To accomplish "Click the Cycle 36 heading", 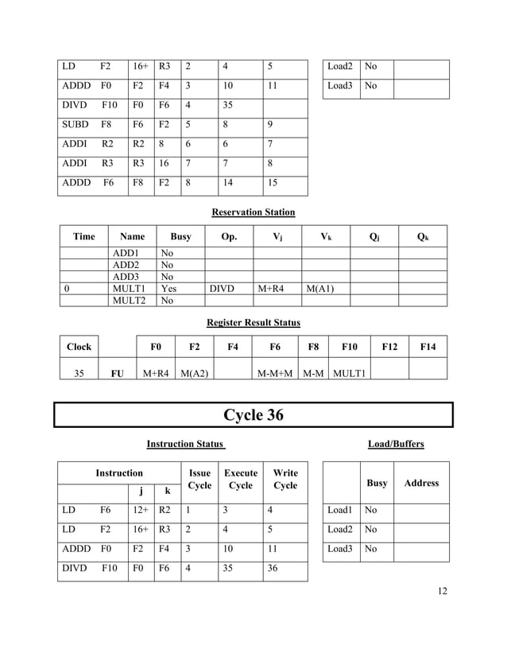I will tap(253, 415).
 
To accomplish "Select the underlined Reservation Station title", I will tap(253, 212).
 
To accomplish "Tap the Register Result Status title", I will tap(253, 323).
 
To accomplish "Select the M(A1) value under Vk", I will tap(319, 289).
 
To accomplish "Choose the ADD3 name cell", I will tap(127, 277).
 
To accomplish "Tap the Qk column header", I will tap(422, 236).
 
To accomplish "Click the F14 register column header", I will tap(428, 347).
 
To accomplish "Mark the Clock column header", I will tap(79, 347).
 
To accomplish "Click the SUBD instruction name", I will tap(75, 124).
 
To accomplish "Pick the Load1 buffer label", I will tap(339, 510).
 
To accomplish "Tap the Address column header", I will tap(421, 483).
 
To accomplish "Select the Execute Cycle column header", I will tap(240, 479).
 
